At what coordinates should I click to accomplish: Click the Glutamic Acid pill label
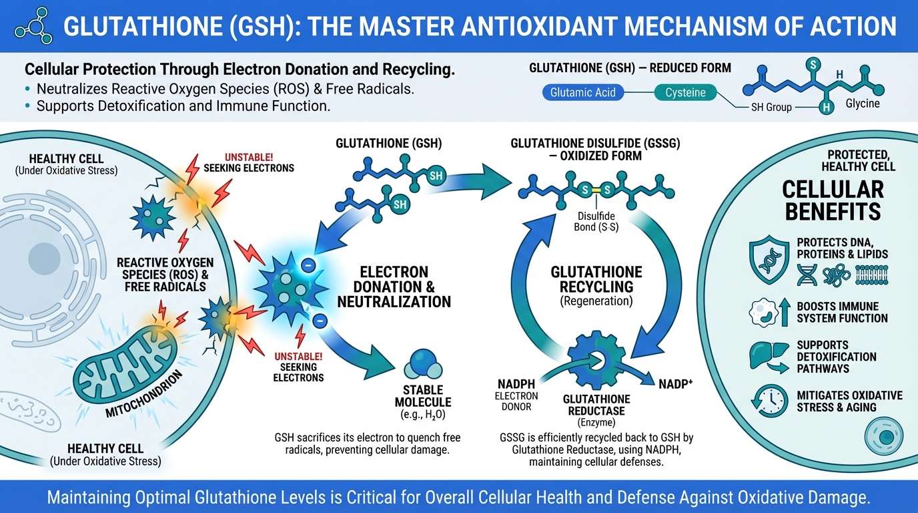click(583, 92)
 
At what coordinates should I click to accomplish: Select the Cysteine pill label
click(685, 92)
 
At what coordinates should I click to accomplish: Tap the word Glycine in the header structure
click(863, 104)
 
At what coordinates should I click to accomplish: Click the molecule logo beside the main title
click(33, 26)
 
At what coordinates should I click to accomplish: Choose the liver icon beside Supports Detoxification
click(767, 357)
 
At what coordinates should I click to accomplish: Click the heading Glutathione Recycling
click(596, 280)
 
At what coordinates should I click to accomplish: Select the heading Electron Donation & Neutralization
click(394, 287)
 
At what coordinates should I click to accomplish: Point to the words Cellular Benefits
click(833, 200)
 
